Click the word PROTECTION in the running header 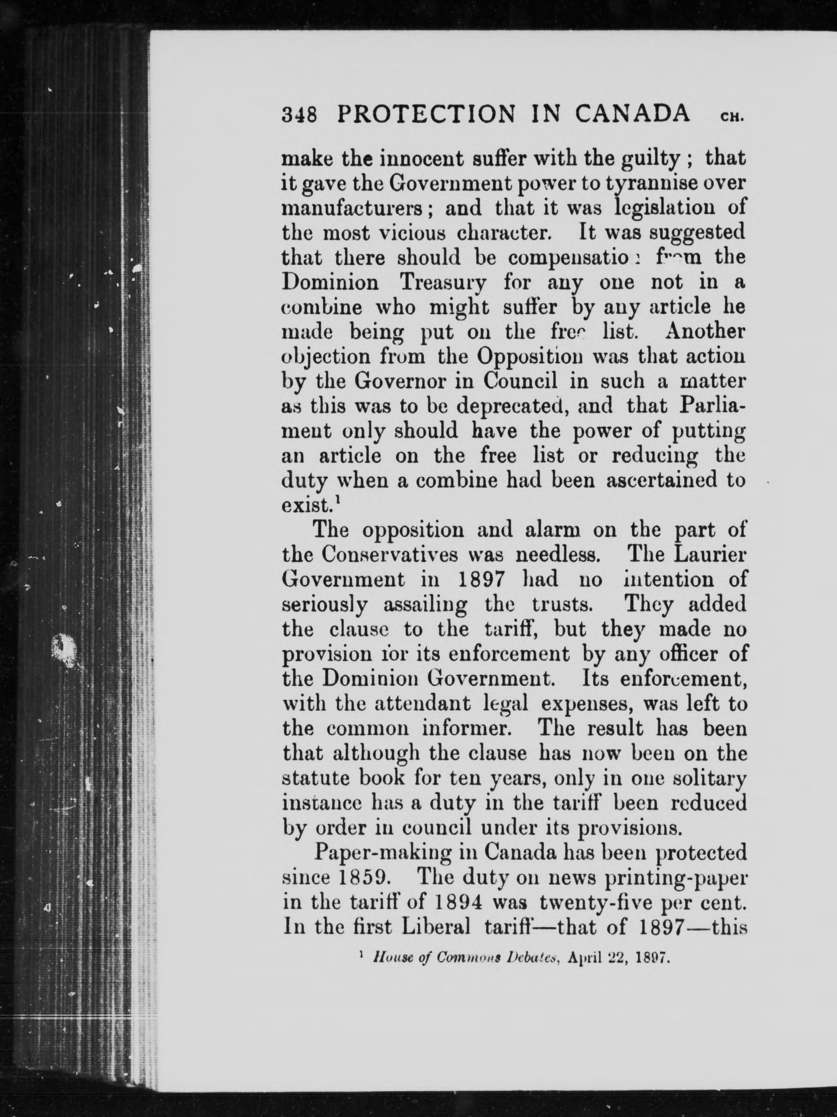(426, 114)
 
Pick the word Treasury (443, 282)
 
